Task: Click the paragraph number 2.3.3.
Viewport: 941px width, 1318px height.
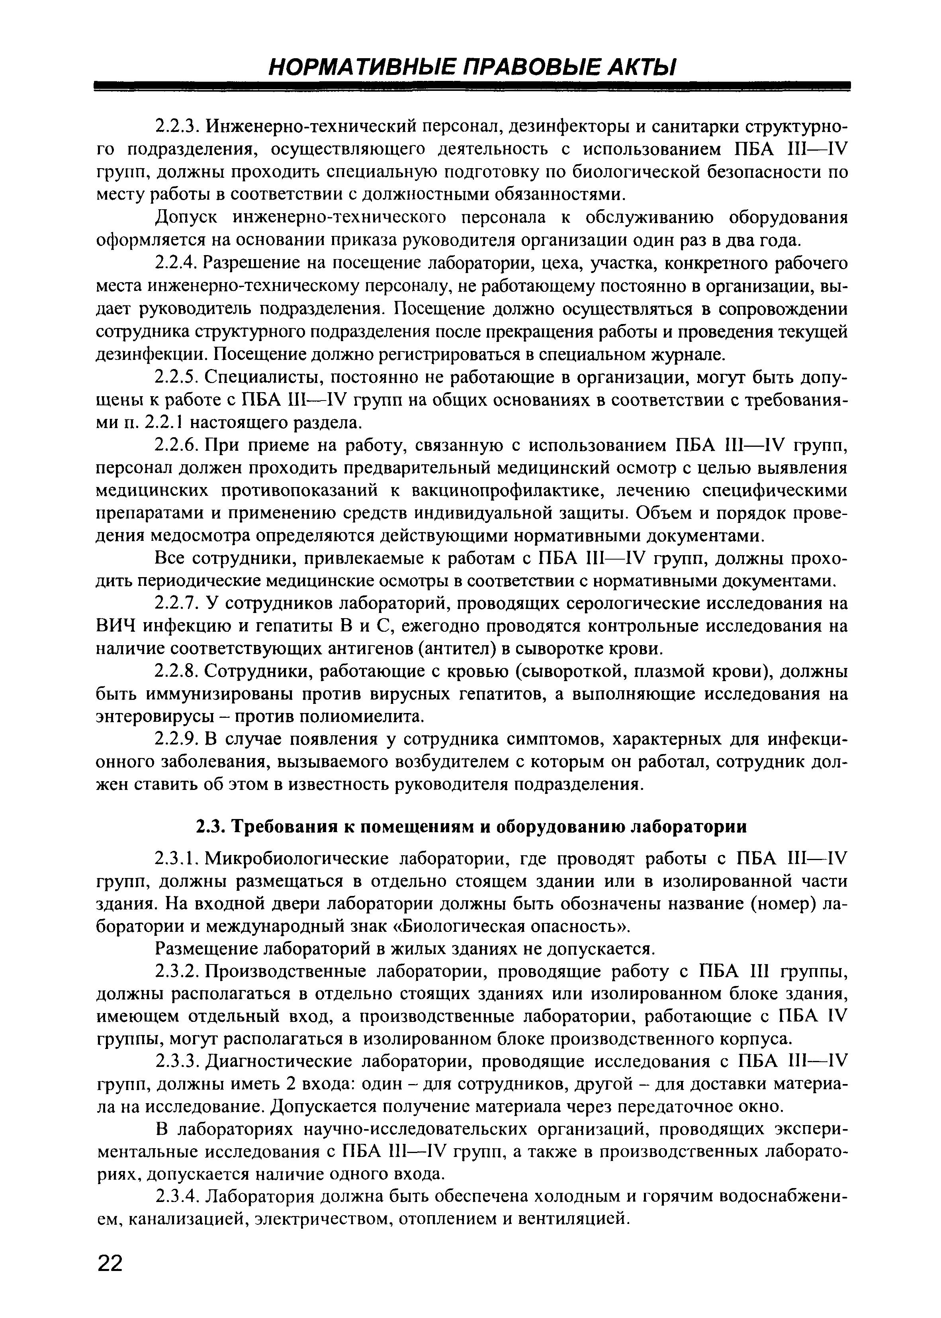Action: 177,1062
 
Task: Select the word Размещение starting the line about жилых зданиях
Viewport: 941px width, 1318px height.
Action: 206,949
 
